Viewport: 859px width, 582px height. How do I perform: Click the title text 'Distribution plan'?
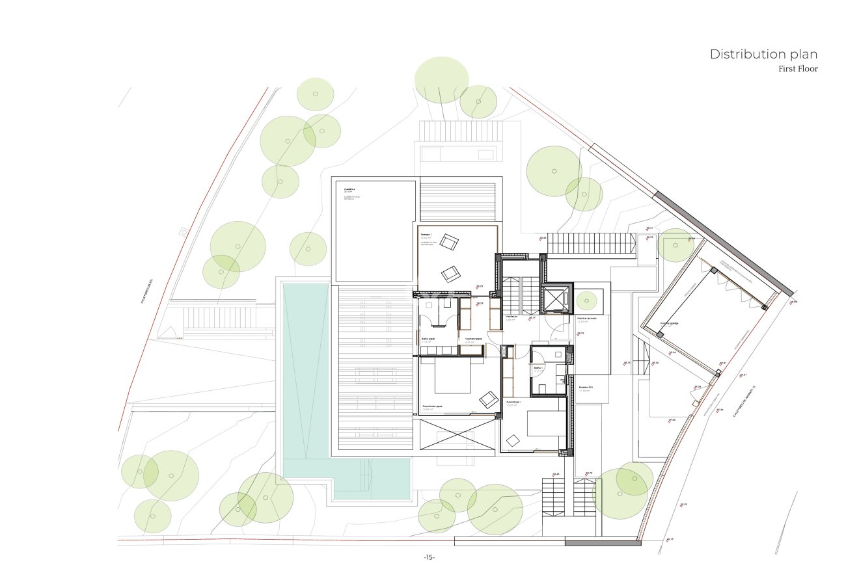(x=763, y=54)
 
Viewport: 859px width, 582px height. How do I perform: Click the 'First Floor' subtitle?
(x=798, y=69)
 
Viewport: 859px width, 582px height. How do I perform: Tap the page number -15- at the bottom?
(x=429, y=557)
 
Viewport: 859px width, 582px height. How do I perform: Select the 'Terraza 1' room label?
(x=426, y=234)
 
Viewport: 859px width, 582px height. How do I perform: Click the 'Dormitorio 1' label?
(x=514, y=403)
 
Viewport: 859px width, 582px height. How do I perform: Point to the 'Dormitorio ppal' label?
(x=432, y=406)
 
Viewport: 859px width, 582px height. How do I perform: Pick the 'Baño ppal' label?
(x=428, y=339)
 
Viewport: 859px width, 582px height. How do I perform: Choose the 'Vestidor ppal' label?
(x=474, y=339)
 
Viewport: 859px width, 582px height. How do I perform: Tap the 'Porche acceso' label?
(x=587, y=318)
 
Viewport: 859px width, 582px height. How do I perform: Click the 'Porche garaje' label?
(x=670, y=323)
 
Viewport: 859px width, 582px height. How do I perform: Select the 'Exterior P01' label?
(x=585, y=388)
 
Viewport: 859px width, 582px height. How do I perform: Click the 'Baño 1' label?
(x=538, y=367)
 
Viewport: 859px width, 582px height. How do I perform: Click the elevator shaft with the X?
(x=555, y=300)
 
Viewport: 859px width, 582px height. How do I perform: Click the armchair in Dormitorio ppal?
(x=489, y=399)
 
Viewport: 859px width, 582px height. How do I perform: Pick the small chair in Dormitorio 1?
(x=513, y=440)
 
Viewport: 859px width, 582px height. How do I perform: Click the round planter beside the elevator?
(x=586, y=300)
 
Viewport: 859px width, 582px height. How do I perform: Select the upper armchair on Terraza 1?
(x=448, y=242)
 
